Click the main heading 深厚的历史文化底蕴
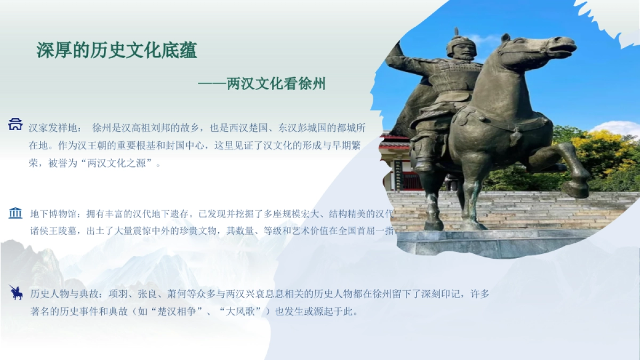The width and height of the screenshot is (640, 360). point(117,51)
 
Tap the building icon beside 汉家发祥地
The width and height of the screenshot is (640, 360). point(15,125)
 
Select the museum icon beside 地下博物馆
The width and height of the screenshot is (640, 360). point(15,213)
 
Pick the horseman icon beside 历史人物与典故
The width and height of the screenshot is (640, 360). point(15,292)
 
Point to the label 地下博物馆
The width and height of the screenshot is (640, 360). point(55,214)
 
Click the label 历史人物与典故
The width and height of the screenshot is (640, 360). point(62,294)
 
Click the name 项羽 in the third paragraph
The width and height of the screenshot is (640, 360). point(118,294)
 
